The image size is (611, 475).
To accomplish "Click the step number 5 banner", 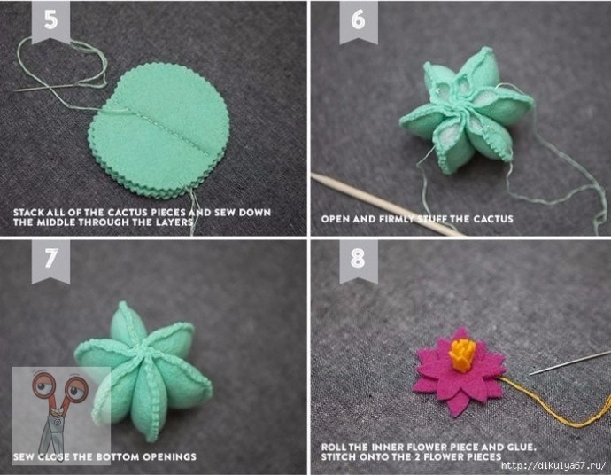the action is [x=50, y=21].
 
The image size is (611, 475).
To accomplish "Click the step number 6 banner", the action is [x=359, y=21].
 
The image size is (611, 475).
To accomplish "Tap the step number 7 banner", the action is [x=50, y=261].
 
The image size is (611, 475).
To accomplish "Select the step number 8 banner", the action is [x=359, y=261].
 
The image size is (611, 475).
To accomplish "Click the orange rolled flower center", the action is [x=462, y=354].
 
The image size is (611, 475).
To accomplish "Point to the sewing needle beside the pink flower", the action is [x=569, y=362].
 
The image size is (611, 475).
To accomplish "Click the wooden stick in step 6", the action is [x=388, y=205].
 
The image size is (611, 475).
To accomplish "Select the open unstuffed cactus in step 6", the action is [x=467, y=111].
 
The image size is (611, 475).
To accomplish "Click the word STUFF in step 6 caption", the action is [x=432, y=219].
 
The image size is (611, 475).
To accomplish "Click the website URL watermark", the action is [x=553, y=465].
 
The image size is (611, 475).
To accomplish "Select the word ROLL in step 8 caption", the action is [x=333, y=447].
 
